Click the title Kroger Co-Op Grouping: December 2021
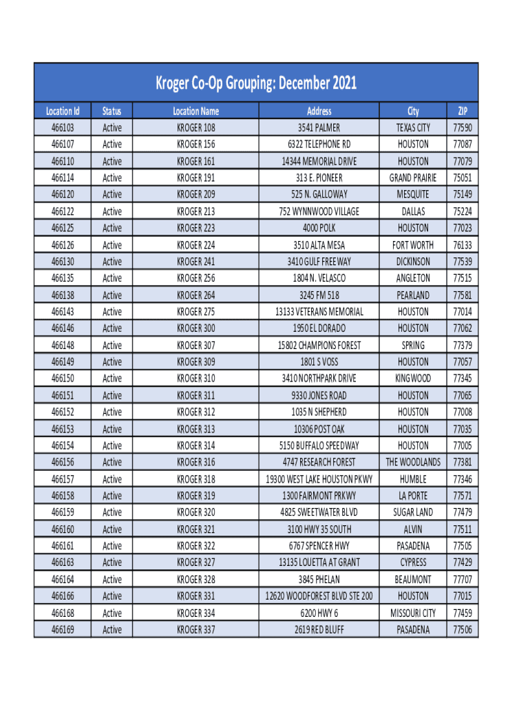tap(255, 84)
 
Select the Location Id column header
tap(63, 111)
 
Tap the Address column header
tap(319, 111)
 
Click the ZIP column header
tap(462, 111)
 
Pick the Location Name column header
tap(195, 111)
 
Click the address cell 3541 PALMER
tap(319, 127)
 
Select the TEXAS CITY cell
tap(413, 127)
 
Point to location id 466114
tap(63, 178)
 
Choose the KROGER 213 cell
tap(195, 211)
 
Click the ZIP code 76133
tap(462, 245)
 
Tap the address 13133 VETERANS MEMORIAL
tap(319, 312)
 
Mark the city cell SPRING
tap(413, 345)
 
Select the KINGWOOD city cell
tap(413, 379)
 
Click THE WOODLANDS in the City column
tap(413, 462)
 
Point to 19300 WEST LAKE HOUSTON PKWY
tap(319, 479)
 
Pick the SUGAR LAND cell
tap(413, 512)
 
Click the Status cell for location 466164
tap(112, 580)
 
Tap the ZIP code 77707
tap(462, 580)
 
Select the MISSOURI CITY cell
tap(413, 613)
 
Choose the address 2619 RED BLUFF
tap(319, 629)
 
